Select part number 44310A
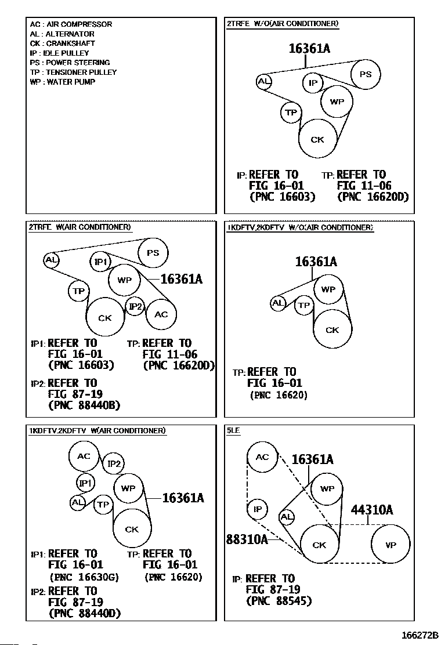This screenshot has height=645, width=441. (x=372, y=510)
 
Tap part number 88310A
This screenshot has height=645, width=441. (x=247, y=539)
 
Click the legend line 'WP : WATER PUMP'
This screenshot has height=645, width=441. (x=63, y=82)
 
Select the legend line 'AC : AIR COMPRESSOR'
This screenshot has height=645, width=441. (x=71, y=24)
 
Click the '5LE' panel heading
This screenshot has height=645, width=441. (x=233, y=430)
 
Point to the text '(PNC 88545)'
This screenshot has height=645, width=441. (x=279, y=601)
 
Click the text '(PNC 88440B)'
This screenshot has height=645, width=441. (x=84, y=405)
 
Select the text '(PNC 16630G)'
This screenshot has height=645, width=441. (x=84, y=577)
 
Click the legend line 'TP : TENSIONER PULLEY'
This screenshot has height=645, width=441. (x=73, y=73)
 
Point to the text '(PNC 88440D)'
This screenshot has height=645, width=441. (x=85, y=613)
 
